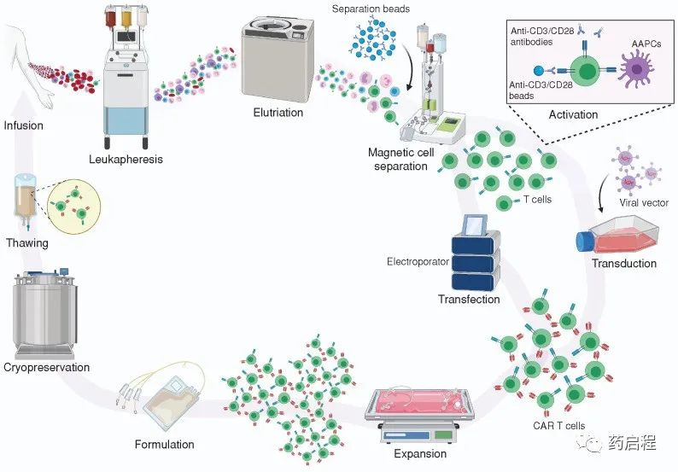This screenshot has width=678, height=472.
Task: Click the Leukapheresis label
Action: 125,158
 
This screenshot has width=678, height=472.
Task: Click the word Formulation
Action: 164,444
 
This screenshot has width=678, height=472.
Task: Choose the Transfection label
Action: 469,300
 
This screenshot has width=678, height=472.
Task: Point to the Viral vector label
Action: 646,203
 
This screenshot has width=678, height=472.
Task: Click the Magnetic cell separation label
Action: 398,160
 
